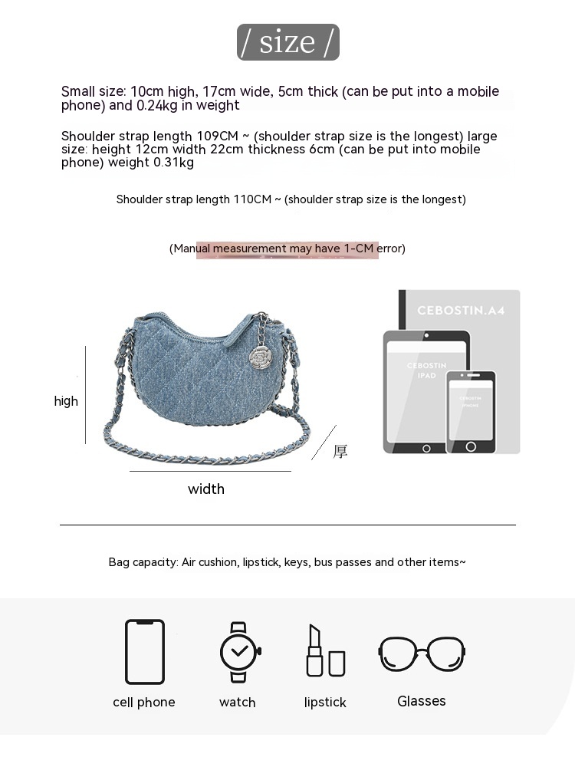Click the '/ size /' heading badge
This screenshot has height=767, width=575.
pos(287,42)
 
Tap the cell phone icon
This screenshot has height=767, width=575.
pos(145,651)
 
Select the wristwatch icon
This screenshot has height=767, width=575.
pos(239,652)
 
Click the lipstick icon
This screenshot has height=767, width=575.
pos(324,651)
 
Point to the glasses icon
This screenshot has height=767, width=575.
pos(422,653)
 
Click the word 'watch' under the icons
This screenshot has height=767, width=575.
pos(238,702)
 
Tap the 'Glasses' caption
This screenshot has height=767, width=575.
pos(422,701)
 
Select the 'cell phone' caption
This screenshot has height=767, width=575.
pos(144,702)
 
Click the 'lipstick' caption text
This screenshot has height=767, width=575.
pos(325,703)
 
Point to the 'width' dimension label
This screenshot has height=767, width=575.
pos(206,489)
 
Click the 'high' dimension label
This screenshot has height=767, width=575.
pos(66,401)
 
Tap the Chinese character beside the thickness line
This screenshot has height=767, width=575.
pos(340,452)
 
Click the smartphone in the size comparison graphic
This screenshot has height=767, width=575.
pos(471,412)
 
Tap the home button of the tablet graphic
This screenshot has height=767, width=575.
pos(426,447)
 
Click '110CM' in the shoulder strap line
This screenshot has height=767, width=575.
pos(252,199)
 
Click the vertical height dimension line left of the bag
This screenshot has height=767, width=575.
pos(85,395)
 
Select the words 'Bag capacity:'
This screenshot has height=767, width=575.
pos(143,562)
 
